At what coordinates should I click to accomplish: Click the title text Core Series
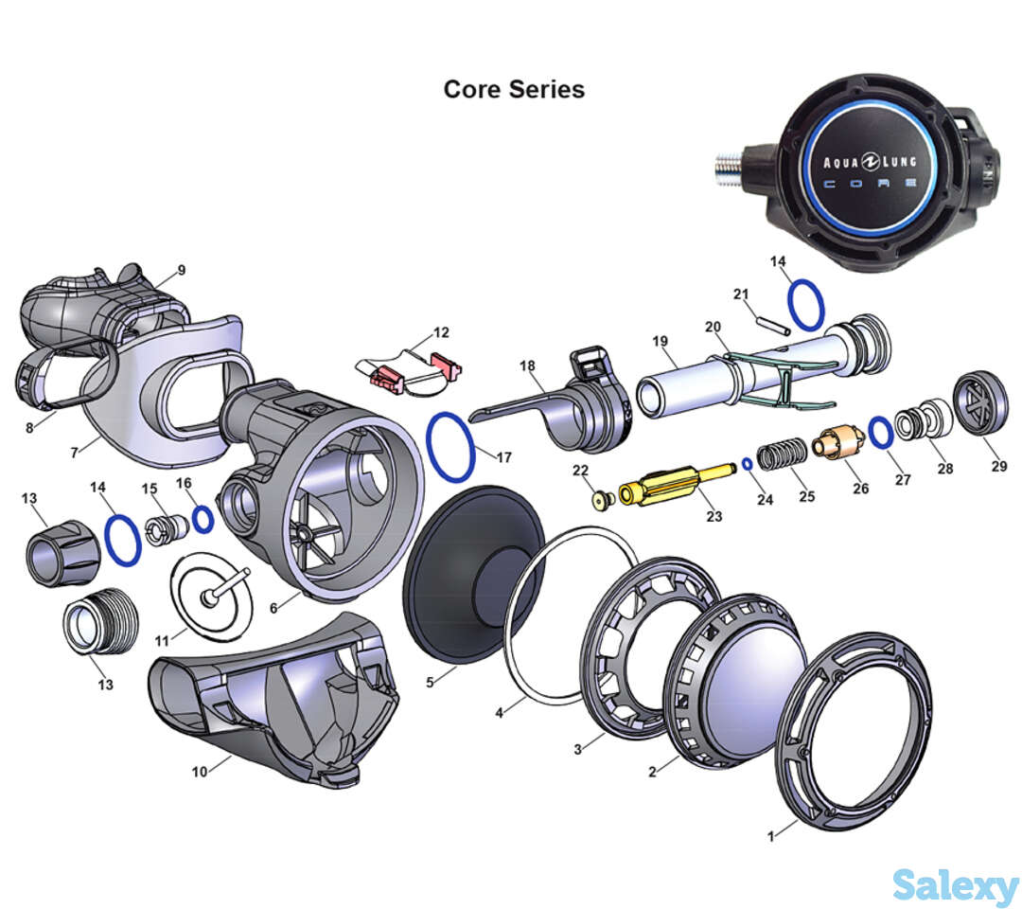pyautogui.click(x=514, y=89)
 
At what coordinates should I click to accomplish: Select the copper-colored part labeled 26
pyautogui.click(x=837, y=444)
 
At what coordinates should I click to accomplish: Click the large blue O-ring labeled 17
pyautogui.click(x=449, y=445)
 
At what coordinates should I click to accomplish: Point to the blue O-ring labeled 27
pyautogui.click(x=880, y=433)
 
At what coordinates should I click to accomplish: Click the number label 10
pyautogui.click(x=199, y=772)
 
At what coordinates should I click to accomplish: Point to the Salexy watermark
pyautogui.click(x=955, y=887)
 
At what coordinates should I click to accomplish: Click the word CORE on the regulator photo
pyautogui.click(x=869, y=184)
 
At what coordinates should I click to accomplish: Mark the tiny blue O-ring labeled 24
pyautogui.click(x=747, y=463)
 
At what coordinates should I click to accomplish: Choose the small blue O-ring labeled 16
pyautogui.click(x=203, y=519)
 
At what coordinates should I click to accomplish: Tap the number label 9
pyautogui.click(x=181, y=270)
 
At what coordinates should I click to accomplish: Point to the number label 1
pyautogui.click(x=770, y=835)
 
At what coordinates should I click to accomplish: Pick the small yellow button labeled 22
pyautogui.click(x=601, y=498)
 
